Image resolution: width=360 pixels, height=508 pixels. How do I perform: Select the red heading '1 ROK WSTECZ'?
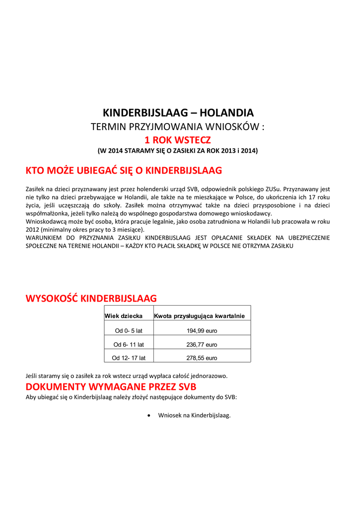pos(178,140)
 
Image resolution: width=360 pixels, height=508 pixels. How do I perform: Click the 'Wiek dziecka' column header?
pos(124,316)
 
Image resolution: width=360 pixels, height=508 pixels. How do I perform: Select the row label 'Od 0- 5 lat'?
pos(129,331)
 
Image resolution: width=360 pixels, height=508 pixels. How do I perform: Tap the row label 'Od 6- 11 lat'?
pos(129,344)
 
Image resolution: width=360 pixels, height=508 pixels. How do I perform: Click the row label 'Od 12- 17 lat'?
pos(129,358)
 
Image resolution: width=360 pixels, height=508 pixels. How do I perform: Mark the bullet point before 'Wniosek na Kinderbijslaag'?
pos(150,415)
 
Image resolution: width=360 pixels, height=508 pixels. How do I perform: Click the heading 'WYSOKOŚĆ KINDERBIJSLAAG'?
pos(91,298)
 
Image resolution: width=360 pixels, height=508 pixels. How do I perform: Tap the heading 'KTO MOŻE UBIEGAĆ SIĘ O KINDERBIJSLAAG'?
pos(124,171)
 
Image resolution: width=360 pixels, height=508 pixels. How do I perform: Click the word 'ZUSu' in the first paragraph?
pos(273,189)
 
